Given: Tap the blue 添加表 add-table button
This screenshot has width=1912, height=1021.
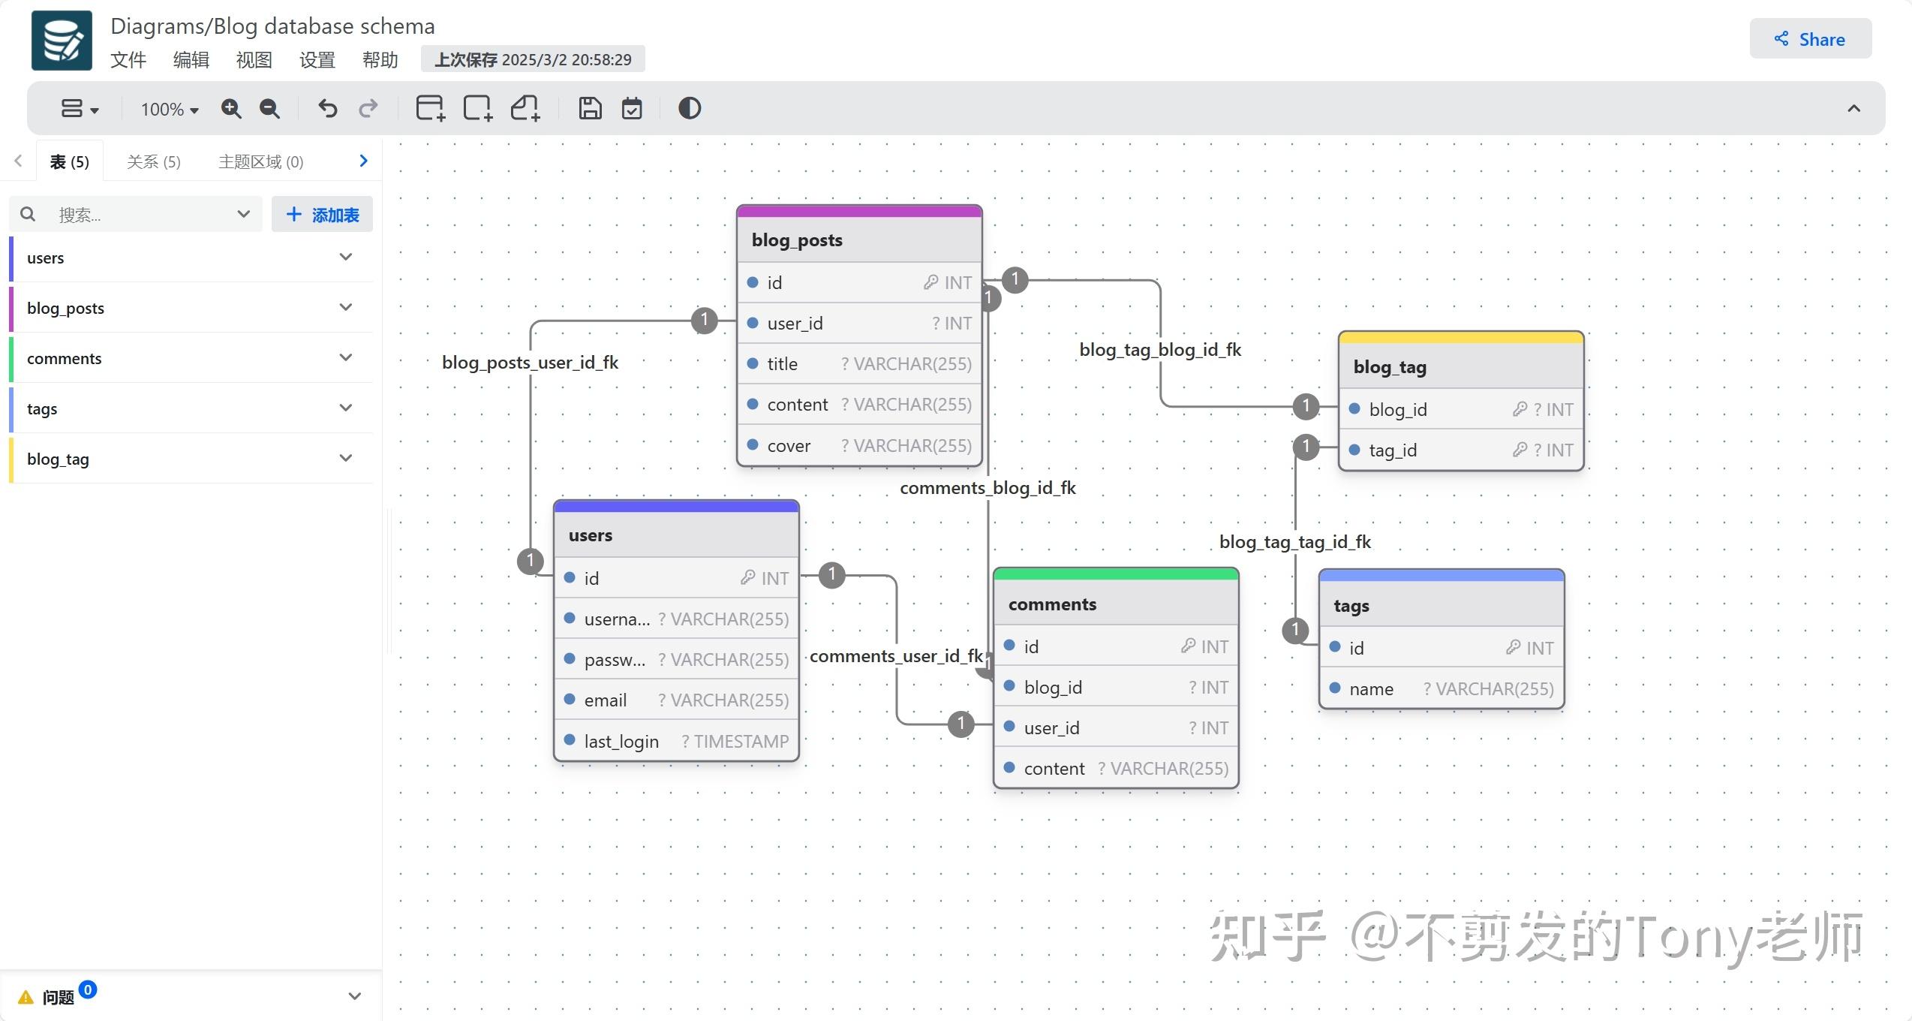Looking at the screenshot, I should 322,215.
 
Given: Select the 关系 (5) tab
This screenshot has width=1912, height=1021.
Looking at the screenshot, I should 154,161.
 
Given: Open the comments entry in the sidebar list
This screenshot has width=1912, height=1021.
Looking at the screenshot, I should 65,358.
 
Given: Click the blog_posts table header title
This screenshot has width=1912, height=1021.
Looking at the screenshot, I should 797,240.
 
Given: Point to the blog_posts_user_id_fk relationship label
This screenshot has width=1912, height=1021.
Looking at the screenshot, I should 530,363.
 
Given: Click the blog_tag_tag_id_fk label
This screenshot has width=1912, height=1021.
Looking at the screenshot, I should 1294,542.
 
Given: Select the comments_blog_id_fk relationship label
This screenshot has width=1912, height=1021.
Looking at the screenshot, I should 988,488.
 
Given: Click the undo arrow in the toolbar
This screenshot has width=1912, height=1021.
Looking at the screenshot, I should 327,109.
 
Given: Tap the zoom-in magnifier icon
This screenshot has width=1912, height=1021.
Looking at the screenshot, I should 231,109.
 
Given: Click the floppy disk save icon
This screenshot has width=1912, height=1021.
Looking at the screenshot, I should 590,109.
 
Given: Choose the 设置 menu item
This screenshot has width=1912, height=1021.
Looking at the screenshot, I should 317,60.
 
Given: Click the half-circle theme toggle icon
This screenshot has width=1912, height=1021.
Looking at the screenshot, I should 689,109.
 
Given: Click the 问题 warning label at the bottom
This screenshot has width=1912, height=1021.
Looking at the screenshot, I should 57,997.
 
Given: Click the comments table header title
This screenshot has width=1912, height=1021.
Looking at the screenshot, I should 1052,604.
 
